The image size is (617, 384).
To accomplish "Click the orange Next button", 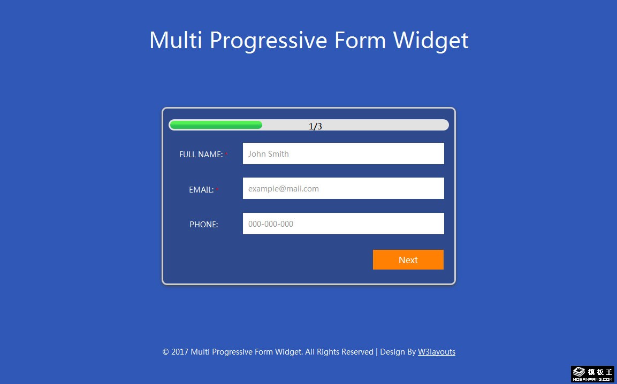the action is [408, 260].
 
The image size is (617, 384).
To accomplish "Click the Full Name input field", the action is [343, 153].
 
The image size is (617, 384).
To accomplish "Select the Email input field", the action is [343, 188].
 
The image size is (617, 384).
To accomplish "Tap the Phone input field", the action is [343, 224].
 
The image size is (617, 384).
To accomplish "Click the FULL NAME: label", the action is [201, 154].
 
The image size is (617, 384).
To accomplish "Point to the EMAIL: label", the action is [201, 190].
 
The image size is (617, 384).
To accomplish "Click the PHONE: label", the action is [204, 224].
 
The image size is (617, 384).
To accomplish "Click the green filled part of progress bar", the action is [216, 125].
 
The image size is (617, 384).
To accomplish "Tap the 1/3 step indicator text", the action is [315, 126].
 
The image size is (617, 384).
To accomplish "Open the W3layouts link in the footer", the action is [436, 352].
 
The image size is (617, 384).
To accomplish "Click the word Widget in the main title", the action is [430, 40].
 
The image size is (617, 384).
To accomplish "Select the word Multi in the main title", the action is [176, 40].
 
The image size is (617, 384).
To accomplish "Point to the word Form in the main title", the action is [360, 40].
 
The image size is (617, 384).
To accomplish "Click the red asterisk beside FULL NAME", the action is [227, 154].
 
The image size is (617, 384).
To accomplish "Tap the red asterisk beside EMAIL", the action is [217, 189].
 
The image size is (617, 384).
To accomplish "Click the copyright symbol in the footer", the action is [166, 352].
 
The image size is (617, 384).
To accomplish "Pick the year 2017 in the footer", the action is [180, 352].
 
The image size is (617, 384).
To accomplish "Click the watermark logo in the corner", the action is [592, 374].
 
